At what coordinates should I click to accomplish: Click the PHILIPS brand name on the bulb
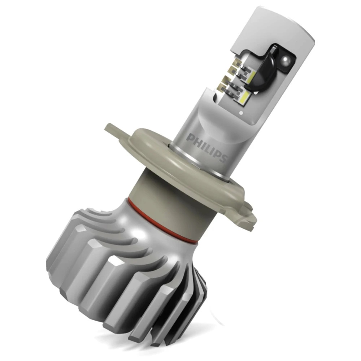(207, 148)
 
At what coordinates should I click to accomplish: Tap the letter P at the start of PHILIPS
(190, 138)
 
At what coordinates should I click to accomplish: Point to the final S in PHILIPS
(223, 158)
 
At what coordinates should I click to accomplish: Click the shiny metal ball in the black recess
(285, 59)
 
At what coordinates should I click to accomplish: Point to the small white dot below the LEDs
(241, 113)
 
